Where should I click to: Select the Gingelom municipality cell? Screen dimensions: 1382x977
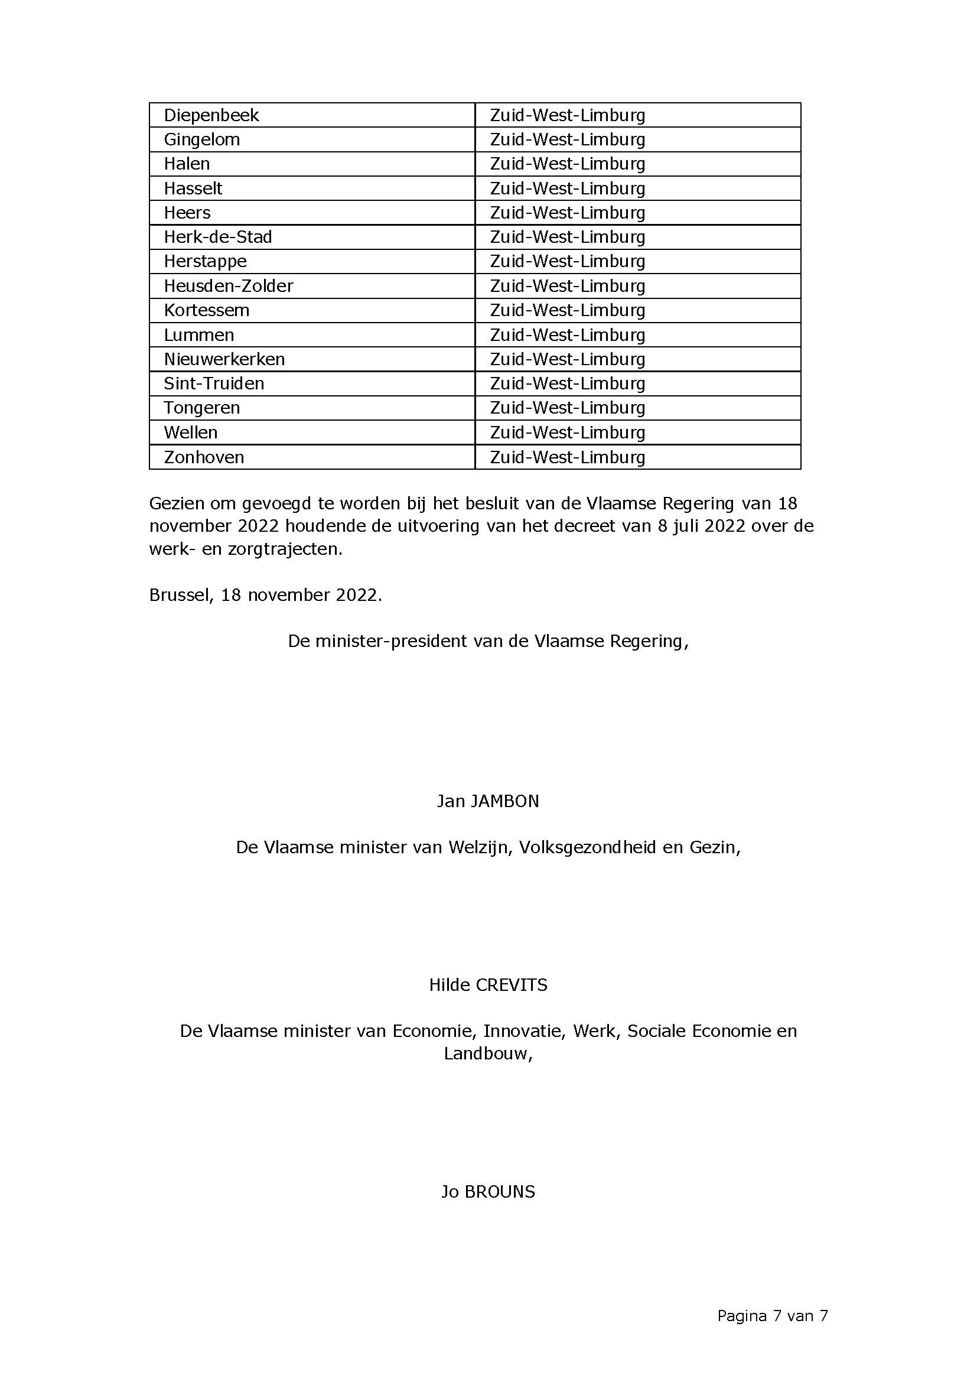(201, 139)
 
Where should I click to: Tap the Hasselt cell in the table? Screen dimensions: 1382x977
(193, 188)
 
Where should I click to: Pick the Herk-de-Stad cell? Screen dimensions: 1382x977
(218, 237)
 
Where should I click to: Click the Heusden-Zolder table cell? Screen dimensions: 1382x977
(228, 286)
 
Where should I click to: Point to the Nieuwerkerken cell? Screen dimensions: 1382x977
(224, 359)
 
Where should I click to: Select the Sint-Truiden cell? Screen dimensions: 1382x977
(214, 383)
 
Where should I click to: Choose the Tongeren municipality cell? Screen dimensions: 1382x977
(201, 408)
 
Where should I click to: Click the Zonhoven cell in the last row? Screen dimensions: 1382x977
(204, 457)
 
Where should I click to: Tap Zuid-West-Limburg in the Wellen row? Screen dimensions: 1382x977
(567, 433)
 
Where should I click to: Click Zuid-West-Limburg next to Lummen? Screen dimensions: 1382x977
(567, 334)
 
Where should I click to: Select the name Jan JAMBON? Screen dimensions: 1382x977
(488, 801)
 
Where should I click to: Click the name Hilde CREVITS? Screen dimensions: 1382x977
(488, 985)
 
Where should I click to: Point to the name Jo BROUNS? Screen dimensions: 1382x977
(488, 1192)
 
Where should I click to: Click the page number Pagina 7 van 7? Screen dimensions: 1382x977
(773, 1316)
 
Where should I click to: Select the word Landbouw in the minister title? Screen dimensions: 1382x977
(487, 1054)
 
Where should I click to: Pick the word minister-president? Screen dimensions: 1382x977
(390, 641)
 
